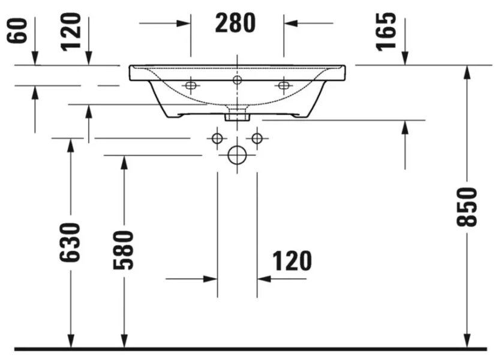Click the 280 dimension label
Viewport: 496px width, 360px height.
pos(236,23)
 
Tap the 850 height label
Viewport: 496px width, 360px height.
pos(467,207)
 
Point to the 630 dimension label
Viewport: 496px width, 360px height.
pos(70,242)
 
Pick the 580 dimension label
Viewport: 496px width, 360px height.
pos(124,248)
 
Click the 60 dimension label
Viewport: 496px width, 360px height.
pos(18,30)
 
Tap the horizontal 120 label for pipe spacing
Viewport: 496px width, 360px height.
pos(292,261)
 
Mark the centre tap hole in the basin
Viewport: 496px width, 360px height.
pos(237,79)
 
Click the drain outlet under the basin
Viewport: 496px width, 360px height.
pos(237,115)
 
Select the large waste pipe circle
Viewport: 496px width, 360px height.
pos(237,155)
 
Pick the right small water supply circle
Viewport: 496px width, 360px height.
pos(257,139)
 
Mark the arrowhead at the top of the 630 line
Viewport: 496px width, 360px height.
pos(70,145)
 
